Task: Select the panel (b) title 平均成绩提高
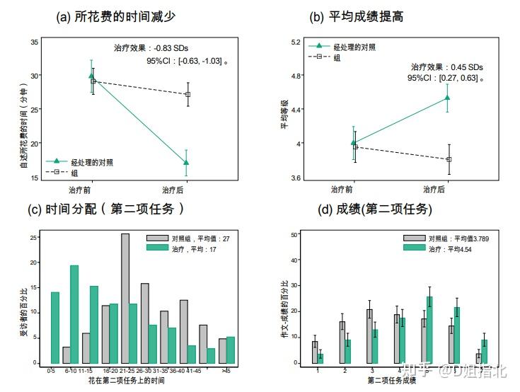(x=372, y=16)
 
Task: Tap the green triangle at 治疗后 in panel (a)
(x=186, y=163)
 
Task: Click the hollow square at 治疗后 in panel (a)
(x=187, y=94)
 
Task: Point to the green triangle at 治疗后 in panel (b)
(x=447, y=98)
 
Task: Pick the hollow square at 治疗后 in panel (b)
(x=449, y=159)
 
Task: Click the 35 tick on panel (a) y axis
(x=34, y=42)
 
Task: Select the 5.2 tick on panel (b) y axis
(x=296, y=42)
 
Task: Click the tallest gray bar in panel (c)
(x=125, y=299)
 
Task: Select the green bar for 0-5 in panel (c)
(x=54, y=328)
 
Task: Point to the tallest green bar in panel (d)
(x=430, y=330)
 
